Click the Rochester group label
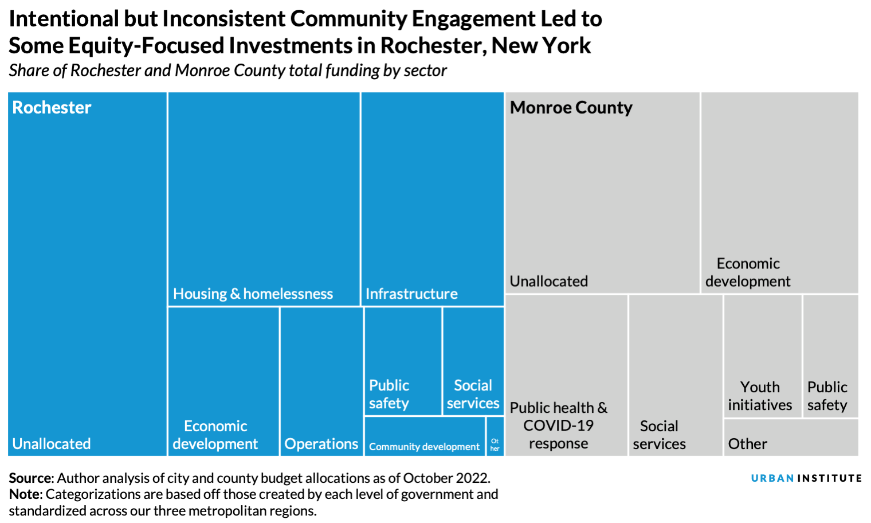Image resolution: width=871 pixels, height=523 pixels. [52, 107]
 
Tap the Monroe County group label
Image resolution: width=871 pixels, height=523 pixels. [571, 107]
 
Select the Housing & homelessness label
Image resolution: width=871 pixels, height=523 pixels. [253, 294]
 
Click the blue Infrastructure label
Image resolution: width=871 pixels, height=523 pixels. [411, 294]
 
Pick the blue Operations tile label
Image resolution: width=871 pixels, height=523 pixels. [321, 444]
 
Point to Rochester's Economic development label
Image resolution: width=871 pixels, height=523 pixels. [215, 435]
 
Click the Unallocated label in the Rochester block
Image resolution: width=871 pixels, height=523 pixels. [52, 444]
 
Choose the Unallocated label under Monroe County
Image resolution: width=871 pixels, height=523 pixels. [549, 281]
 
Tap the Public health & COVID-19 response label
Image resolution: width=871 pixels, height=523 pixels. [559, 426]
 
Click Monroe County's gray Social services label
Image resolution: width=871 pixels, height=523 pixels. [659, 435]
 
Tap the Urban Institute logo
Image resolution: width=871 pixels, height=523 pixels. [806, 478]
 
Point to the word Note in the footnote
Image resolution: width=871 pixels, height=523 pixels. [25, 494]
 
